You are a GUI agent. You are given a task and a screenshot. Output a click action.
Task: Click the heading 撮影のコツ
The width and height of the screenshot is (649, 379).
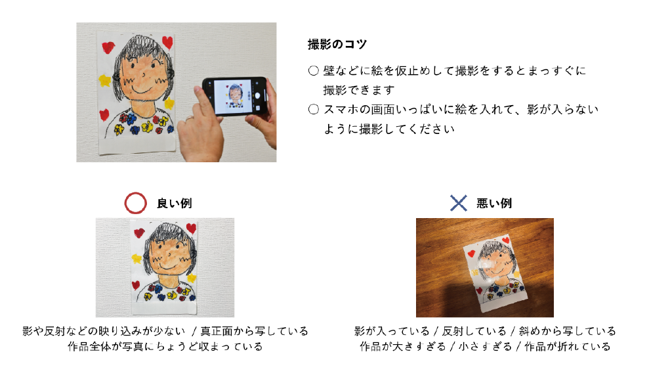pos(337,44)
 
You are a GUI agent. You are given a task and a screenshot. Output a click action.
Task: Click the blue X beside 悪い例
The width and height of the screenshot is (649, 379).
pos(458,203)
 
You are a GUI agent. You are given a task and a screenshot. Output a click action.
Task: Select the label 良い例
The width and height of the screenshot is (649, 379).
pos(175,204)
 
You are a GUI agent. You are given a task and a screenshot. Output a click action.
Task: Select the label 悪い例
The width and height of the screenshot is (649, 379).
pos(493,204)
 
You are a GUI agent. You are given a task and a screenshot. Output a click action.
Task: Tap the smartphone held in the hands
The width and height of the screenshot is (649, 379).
pos(235,97)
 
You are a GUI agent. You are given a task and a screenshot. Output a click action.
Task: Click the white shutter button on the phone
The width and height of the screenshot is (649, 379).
pos(257,96)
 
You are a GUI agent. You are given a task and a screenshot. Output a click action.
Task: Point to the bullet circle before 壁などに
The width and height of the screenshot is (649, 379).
pos(313,71)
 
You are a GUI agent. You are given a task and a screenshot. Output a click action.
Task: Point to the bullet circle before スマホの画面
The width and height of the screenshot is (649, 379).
pos(313,109)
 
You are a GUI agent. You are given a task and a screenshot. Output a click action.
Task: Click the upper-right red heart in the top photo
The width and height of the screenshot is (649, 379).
pos(167,42)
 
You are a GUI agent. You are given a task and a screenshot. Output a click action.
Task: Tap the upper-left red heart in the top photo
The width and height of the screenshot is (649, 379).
pos(108,47)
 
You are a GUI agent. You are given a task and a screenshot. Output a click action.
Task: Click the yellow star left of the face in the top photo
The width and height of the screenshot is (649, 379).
pos(105,80)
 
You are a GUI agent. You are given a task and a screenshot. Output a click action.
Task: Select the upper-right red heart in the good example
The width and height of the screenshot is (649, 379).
pos(191,228)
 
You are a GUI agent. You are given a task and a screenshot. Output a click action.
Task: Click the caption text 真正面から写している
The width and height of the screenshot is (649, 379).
pos(255,331)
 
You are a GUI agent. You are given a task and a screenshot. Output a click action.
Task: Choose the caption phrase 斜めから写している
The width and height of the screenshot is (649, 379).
pos(568,331)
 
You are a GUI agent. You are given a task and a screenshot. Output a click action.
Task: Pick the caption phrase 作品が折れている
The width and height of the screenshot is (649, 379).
pos(568,347)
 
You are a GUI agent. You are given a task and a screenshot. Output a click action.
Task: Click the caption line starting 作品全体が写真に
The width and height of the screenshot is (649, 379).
pos(165,347)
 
